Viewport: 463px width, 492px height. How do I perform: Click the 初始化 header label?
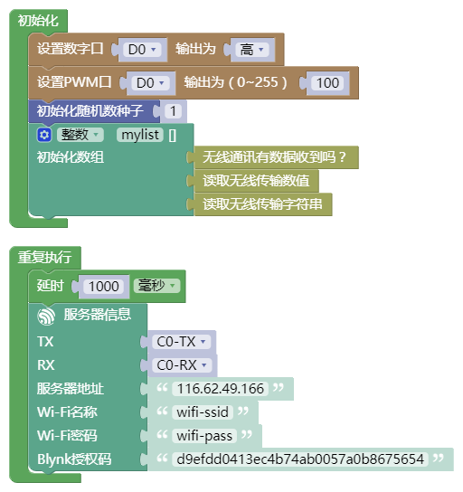38,21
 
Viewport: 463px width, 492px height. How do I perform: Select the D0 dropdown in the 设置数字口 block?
142,50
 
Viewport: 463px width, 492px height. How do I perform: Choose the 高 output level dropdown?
252,50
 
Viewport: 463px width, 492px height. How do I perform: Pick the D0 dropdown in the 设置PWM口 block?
150,83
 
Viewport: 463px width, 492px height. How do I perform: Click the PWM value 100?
327,83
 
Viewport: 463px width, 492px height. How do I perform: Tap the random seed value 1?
173,111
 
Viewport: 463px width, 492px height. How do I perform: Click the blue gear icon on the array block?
44,135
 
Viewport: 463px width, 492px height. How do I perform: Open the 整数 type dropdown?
80,135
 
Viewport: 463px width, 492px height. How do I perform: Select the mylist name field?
140,135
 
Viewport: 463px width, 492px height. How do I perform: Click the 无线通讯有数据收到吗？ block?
276,157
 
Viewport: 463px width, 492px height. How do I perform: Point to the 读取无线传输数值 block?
256,181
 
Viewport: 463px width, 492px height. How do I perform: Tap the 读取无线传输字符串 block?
263,204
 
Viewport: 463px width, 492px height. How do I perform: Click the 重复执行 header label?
45,257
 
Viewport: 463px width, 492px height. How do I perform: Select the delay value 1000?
104,287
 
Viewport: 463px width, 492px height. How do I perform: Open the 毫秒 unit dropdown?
156,286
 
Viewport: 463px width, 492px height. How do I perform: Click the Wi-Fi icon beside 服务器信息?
46,316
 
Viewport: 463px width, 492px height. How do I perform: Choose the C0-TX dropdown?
181,342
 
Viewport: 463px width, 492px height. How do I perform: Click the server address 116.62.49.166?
221,389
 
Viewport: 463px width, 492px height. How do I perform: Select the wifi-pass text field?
204,436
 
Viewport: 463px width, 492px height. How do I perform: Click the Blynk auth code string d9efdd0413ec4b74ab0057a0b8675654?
300,459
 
